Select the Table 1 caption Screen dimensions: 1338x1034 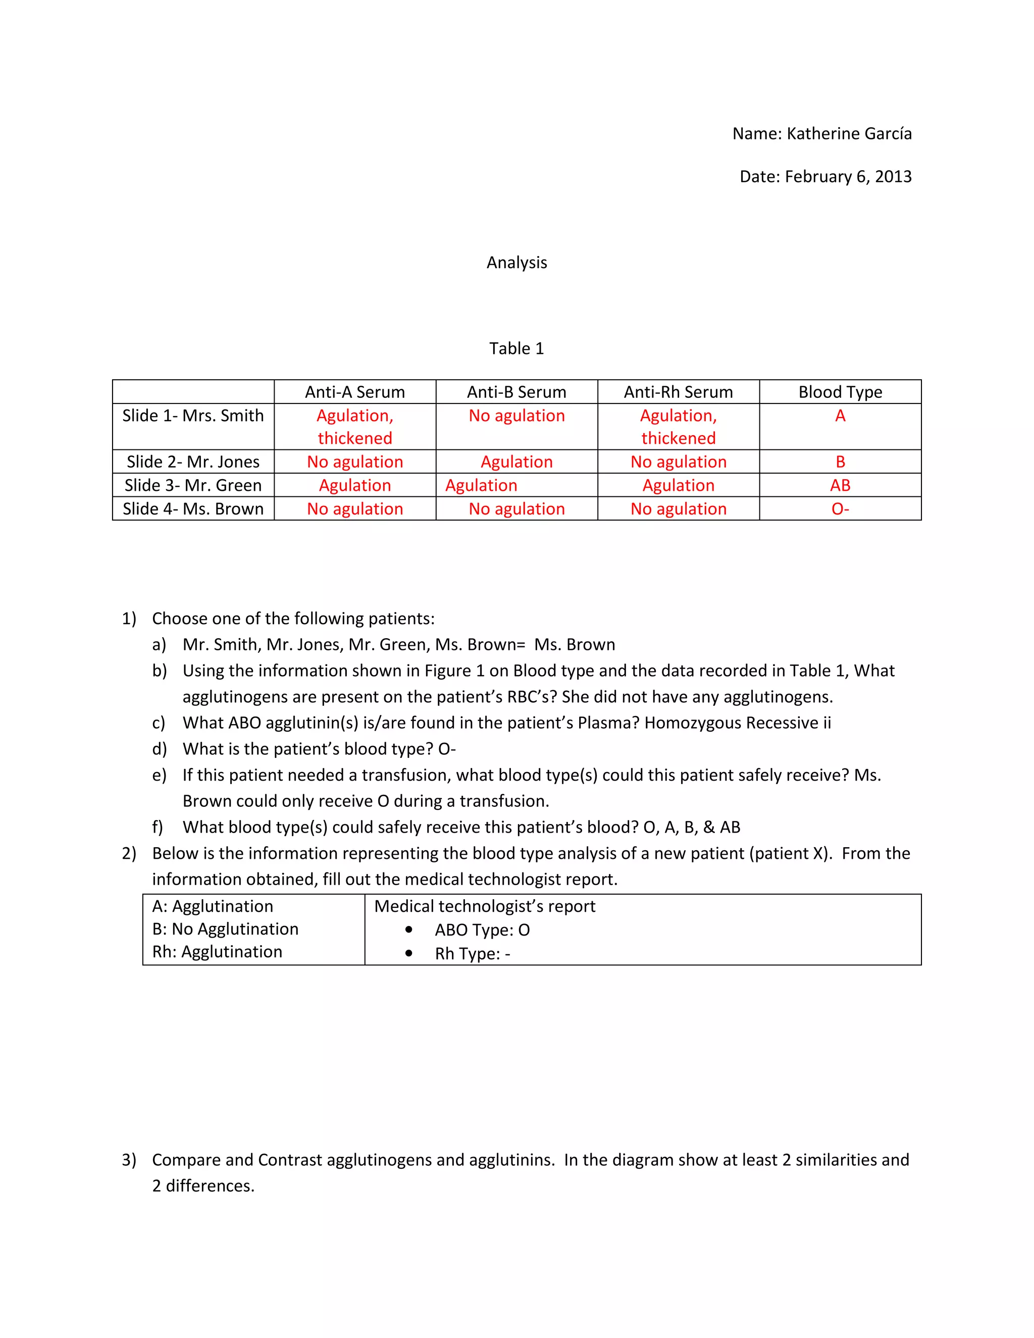516,348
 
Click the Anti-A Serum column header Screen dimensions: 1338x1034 354,392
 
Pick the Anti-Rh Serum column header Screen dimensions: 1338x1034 678,392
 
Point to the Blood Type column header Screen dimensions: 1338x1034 840,392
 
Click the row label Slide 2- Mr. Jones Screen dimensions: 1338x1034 193,461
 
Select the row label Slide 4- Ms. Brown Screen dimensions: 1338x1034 193,508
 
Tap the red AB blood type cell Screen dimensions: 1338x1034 840,485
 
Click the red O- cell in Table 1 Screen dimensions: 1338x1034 840,508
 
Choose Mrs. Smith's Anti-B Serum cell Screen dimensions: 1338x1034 516,416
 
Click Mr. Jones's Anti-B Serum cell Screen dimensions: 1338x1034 516,461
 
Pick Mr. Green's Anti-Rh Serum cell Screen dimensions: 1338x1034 678,485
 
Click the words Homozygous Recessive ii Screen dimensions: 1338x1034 738,723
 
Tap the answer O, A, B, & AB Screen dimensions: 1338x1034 692,827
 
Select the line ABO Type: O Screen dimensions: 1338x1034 482,930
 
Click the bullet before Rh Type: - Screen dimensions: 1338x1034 408,953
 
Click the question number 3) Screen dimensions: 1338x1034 129,1160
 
